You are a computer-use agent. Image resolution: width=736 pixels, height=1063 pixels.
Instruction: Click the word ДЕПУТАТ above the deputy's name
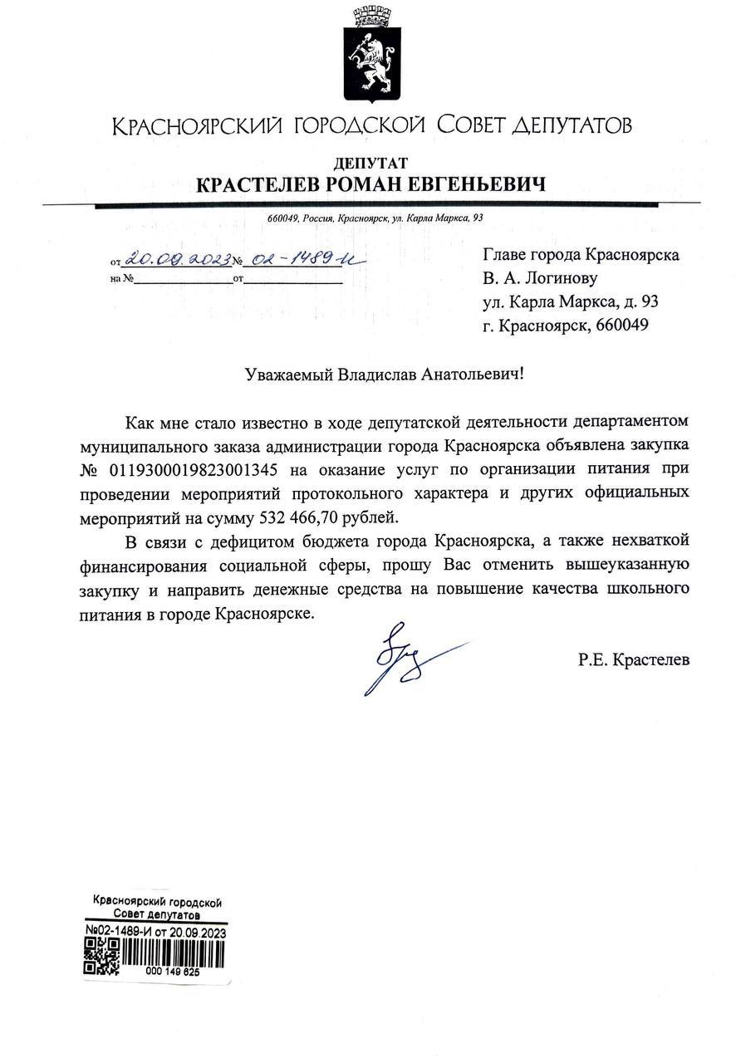(370, 163)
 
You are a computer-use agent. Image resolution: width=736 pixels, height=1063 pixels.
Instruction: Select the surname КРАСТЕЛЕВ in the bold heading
(257, 184)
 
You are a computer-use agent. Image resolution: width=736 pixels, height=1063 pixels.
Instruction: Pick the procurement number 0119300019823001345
(198, 471)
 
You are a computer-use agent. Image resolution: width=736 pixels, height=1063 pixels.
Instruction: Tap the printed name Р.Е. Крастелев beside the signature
(634, 660)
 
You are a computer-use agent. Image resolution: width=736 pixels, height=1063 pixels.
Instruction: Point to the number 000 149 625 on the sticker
(172, 970)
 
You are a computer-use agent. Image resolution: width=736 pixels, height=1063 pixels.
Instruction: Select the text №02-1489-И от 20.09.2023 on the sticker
(155, 931)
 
